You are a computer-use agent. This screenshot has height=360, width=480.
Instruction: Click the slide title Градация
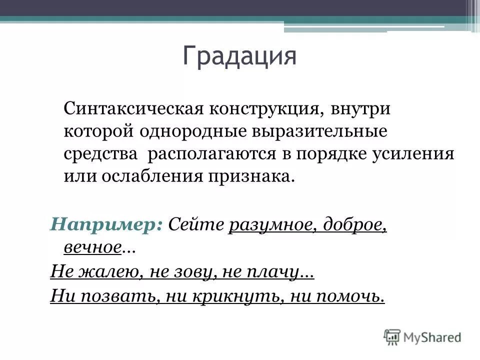239,56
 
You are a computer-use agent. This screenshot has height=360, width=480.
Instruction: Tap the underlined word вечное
93,246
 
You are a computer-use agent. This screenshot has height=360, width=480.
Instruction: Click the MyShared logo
422,336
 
